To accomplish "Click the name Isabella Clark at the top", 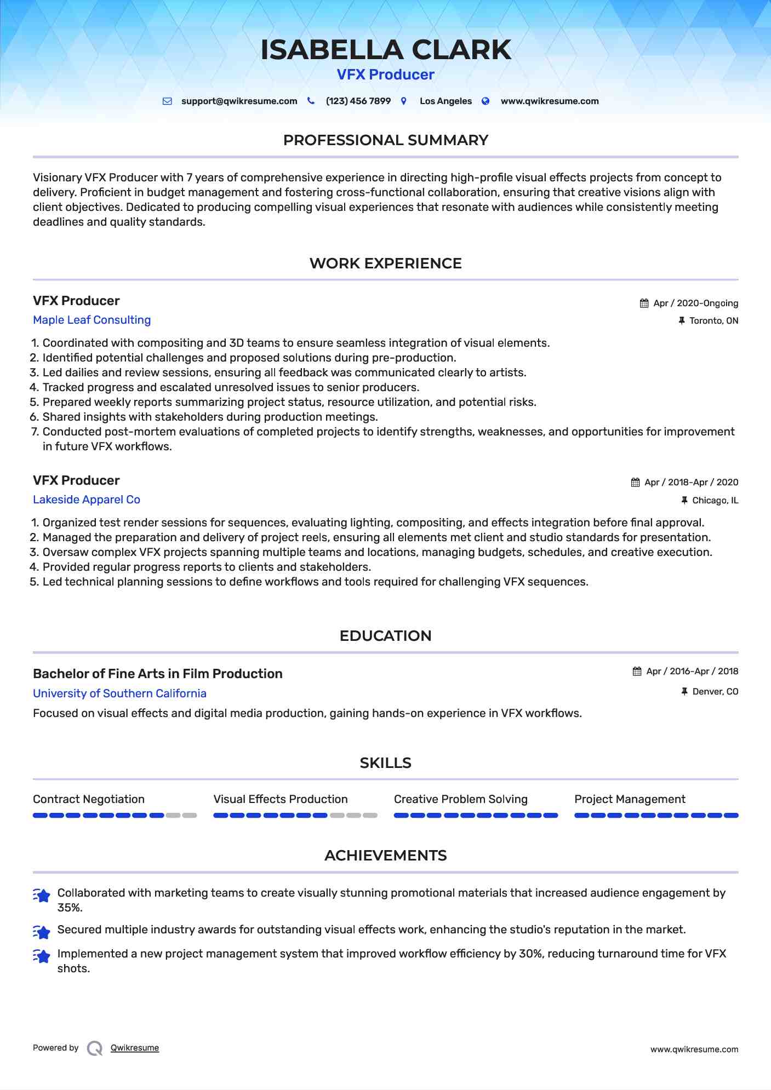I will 385,50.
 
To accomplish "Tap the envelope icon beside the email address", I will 167,101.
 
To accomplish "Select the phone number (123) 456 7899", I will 358,101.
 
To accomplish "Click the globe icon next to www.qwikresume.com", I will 486,101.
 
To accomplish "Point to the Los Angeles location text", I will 446,101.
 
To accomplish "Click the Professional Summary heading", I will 385,140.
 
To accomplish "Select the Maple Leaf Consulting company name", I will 92,320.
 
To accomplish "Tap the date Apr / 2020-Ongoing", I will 695,303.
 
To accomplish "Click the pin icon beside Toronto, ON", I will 682,321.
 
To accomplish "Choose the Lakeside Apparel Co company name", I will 87,500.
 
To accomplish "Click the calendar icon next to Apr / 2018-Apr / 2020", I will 636,483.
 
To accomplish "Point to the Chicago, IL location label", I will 715,501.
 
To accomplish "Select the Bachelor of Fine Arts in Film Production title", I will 158,674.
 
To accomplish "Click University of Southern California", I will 119,693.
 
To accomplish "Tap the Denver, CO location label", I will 715,692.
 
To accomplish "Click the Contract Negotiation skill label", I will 89,799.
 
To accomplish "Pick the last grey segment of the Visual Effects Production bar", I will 370,816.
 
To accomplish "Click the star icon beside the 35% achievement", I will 42,895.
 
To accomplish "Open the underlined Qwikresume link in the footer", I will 135,1048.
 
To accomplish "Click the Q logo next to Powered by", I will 95,1048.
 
